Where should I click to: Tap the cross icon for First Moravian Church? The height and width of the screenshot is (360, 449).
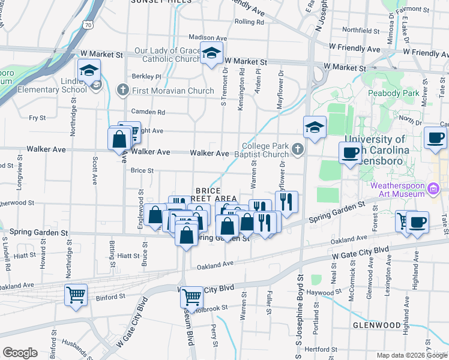point(123,91)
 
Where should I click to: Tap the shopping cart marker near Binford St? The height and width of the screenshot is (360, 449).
point(76,295)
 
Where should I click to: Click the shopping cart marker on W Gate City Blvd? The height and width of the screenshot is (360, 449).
point(191,296)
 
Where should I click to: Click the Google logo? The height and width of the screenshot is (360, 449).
point(20,353)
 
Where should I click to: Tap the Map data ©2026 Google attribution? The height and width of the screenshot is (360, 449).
point(411,355)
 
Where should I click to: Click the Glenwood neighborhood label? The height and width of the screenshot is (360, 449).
point(376,325)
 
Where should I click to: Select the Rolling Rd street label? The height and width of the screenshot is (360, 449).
point(250,22)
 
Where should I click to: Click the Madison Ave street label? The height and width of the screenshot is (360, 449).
point(208,37)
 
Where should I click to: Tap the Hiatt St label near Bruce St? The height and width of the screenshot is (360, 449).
point(128,256)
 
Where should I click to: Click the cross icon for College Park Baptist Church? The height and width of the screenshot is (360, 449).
point(297,148)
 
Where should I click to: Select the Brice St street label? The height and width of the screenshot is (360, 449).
point(142,170)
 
